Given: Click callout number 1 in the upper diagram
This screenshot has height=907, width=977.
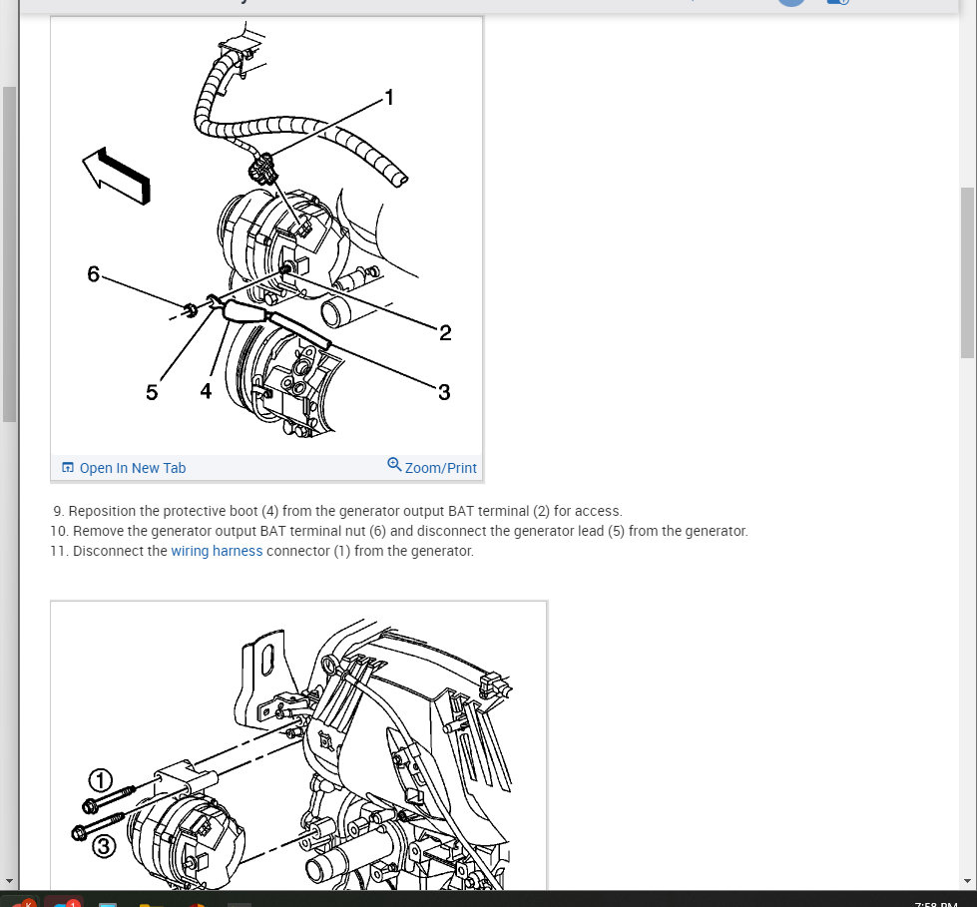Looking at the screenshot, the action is click(389, 98).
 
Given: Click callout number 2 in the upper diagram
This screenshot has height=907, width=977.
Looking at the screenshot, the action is click(445, 332).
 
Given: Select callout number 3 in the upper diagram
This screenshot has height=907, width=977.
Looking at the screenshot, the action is click(444, 392).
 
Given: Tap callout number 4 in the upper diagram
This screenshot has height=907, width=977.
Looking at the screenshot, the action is click(206, 391).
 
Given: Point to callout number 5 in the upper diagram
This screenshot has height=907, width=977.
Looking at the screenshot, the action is click(152, 392).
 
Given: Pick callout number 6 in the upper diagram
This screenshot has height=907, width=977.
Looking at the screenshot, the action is click(94, 274).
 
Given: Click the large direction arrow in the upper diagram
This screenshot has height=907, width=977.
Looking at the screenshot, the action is click(117, 176).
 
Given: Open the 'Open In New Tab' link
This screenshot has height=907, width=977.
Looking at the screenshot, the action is click(132, 468).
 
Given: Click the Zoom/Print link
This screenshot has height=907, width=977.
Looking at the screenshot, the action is click(440, 468).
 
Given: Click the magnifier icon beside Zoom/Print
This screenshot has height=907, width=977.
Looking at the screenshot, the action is click(394, 465).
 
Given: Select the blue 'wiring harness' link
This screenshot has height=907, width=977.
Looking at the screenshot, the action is click(217, 551).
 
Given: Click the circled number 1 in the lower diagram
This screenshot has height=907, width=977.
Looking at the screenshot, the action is click(101, 780).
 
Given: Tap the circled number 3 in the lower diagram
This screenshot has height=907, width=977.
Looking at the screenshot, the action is click(104, 846).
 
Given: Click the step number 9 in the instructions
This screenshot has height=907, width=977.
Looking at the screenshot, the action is click(58, 511).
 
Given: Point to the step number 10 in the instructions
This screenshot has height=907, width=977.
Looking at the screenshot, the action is click(59, 531).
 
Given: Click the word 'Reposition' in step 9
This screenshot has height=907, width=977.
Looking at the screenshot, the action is click(102, 511).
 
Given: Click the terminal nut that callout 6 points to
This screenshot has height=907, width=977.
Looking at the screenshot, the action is click(190, 309).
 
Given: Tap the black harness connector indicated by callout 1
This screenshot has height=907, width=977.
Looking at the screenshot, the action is click(262, 170).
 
